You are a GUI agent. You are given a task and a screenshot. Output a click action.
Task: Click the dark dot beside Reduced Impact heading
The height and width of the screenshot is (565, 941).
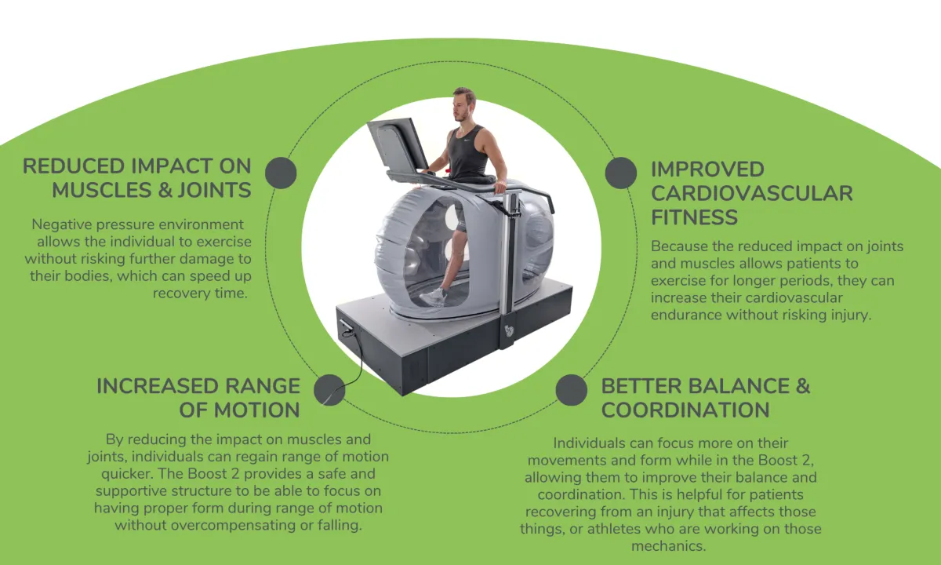[x=281, y=173]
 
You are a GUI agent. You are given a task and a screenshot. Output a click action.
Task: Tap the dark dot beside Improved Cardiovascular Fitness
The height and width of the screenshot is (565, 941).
[x=621, y=173]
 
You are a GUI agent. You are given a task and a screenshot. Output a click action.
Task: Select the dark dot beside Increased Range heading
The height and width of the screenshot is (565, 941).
[x=329, y=390]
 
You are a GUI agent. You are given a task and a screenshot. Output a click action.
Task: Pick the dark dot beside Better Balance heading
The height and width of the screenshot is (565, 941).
[x=572, y=390]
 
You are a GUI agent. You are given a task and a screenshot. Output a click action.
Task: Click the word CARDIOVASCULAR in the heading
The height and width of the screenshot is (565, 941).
[x=751, y=193]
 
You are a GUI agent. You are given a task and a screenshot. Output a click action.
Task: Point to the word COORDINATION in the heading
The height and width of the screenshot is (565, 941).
[x=685, y=410]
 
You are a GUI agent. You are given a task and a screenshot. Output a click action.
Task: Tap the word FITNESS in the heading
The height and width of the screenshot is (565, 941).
[x=694, y=217]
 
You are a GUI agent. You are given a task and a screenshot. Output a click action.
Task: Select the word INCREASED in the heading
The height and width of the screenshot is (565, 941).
[x=154, y=386]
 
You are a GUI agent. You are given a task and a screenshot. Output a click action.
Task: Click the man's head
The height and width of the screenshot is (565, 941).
[x=463, y=104]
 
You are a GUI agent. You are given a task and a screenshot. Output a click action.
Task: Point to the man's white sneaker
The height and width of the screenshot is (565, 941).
[x=434, y=297]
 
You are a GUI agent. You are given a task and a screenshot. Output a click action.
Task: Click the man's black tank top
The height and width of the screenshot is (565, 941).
[x=468, y=153]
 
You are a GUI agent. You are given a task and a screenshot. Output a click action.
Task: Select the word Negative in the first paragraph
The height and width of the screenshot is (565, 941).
[x=62, y=225]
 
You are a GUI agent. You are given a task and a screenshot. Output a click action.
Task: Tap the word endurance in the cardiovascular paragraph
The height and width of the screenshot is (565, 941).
[x=688, y=315]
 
